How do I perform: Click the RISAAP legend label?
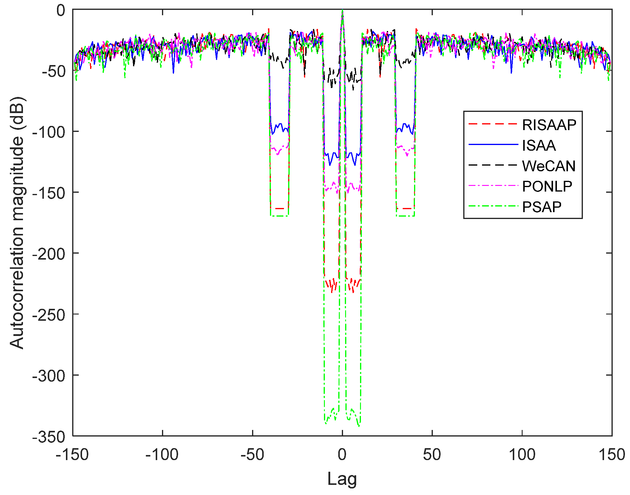click(x=549, y=125)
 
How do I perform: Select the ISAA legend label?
click(x=539, y=145)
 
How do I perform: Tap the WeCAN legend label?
click(x=549, y=166)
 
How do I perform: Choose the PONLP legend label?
click(x=547, y=186)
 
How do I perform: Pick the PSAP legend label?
click(x=542, y=207)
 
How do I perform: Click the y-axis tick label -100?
click(x=49, y=132)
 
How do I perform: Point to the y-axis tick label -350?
click(x=49, y=437)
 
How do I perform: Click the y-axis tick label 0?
click(x=61, y=11)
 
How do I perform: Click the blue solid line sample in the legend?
click(x=493, y=145)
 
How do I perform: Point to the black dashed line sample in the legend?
click(x=493, y=165)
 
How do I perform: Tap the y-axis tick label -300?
click(x=49, y=376)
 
